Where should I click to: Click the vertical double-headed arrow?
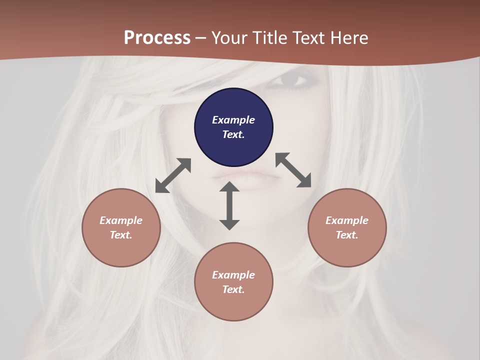pos(229,205)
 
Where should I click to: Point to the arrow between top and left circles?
pos(173,175)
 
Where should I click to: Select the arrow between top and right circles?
pos(293,170)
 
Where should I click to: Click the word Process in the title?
pos(157,37)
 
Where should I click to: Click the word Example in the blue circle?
pos(233,120)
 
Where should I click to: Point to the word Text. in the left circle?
pos(121,235)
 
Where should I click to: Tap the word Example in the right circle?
pos(347,220)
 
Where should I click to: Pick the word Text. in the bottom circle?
pos(233,289)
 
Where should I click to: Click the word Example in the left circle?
pos(121,220)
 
